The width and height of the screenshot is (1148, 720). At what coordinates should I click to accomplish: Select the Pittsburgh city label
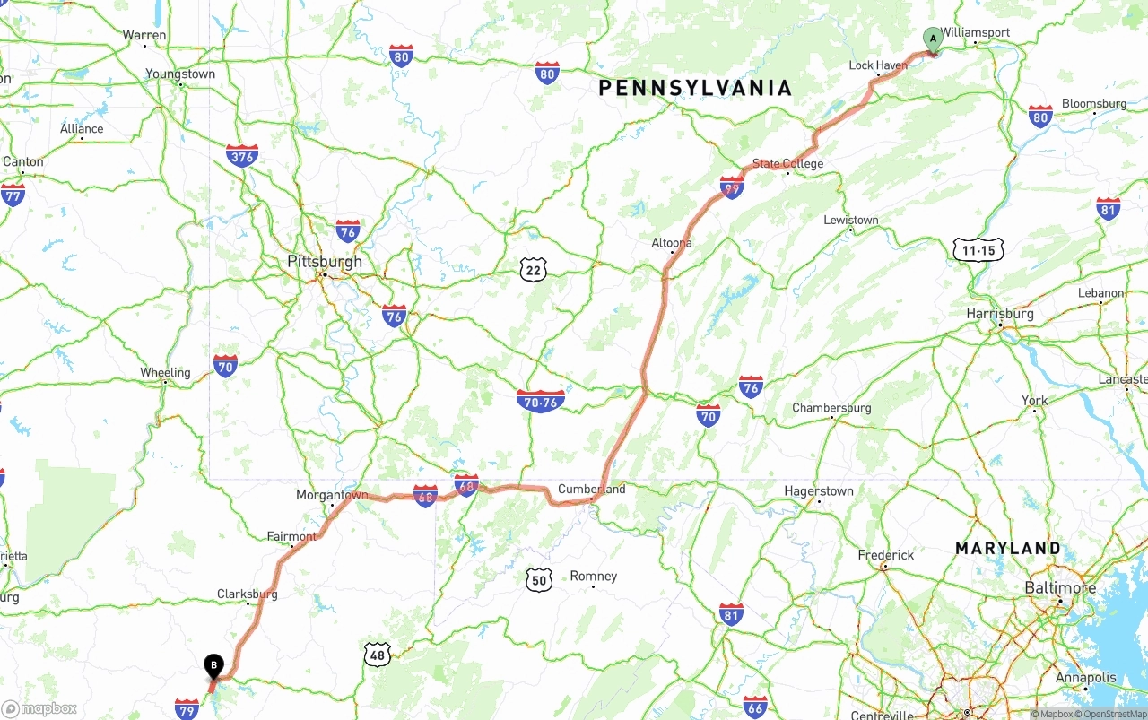click(325, 262)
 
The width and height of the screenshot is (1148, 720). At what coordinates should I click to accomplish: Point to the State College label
click(787, 164)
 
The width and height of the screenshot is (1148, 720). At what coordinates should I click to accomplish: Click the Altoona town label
click(672, 243)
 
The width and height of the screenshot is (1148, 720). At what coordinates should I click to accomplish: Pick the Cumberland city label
click(592, 490)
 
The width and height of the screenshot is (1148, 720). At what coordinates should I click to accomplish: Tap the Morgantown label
click(332, 495)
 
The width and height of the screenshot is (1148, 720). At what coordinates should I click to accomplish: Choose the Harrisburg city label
click(1000, 314)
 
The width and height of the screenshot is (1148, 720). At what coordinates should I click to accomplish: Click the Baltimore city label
click(1060, 588)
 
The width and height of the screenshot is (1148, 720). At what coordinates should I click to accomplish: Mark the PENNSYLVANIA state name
click(696, 88)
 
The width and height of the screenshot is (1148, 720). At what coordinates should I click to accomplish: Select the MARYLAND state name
click(1008, 548)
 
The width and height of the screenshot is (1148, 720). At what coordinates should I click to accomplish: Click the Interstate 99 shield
click(732, 187)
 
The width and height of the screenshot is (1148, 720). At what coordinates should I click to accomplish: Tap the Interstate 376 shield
click(242, 156)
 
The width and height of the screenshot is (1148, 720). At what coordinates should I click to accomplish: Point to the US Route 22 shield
click(533, 269)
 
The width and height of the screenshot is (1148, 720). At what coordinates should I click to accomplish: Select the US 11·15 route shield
click(978, 250)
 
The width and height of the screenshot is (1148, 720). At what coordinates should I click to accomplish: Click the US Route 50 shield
click(538, 579)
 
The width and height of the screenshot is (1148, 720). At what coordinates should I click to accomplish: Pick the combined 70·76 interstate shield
click(541, 401)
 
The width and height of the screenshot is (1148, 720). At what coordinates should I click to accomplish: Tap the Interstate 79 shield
click(187, 709)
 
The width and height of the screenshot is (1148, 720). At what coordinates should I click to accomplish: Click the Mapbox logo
click(39, 708)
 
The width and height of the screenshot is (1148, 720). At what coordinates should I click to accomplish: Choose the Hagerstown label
click(819, 491)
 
